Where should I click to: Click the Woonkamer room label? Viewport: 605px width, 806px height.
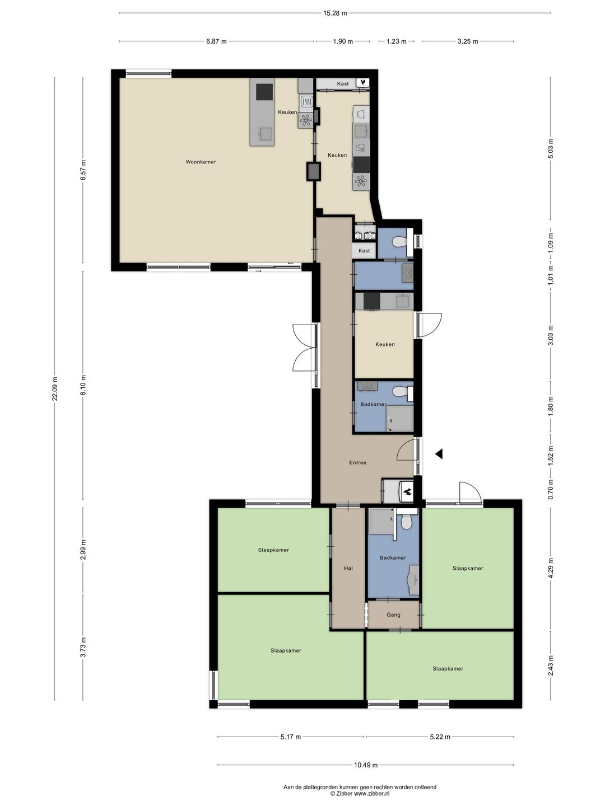[201, 162]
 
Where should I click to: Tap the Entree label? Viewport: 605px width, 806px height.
[358, 463]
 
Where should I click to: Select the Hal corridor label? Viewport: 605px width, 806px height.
[348, 569]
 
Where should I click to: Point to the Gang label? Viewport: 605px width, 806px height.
[393, 615]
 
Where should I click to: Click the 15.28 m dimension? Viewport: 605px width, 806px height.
[335, 13]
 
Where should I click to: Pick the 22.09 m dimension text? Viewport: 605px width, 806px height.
[55, 388]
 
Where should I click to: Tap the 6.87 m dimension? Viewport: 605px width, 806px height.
[216, 41]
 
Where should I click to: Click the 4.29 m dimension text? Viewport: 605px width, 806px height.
[550, 568]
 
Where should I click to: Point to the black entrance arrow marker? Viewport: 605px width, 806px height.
[439, 454]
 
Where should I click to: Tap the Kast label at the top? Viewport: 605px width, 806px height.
[343, 84]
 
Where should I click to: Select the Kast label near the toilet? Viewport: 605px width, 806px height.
[364, 251]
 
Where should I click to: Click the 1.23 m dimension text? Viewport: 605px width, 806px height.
[397, 41]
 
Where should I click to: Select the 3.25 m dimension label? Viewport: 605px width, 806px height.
[468, 41]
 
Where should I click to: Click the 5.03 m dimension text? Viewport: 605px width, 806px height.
[550, 148]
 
